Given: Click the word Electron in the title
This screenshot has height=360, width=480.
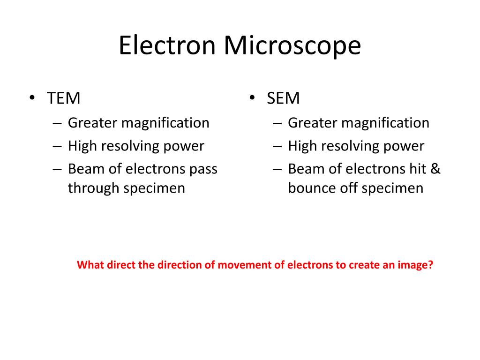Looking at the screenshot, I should click(167, 46).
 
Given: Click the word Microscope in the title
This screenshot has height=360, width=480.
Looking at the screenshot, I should click(292, 46).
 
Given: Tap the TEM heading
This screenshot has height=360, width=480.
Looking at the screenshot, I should click(64, 98).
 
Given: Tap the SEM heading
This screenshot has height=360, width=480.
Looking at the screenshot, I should click(283, 98).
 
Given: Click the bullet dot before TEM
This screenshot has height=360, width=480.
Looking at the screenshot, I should click(32, 98).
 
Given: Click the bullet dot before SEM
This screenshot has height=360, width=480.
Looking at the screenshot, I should click(252, 98).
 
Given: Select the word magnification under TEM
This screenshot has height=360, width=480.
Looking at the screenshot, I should click(165, 123).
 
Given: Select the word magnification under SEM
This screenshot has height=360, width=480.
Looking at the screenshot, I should click(385, 123).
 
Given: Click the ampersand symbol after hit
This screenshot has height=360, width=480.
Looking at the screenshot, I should click(435, 169).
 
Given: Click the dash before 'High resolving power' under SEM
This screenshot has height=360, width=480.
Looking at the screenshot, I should click(277, 146).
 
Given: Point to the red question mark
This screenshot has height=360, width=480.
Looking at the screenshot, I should click(431, 265).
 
